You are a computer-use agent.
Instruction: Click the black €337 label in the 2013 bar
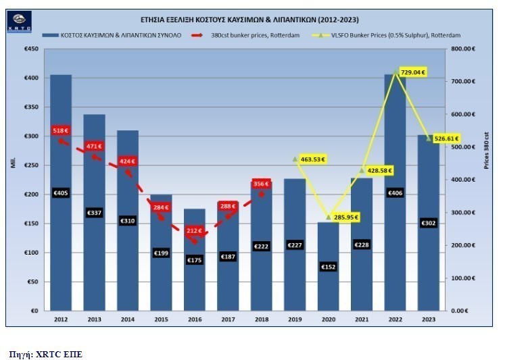pyautogui.click(x=94, y=213)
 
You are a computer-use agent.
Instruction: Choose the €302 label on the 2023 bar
pyautogui.click(x=427, y=223)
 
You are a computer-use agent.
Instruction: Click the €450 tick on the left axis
pyautogui.click(x=30, y=49)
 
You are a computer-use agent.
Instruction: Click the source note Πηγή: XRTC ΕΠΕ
pyautogui.click(x=45, y=353)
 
